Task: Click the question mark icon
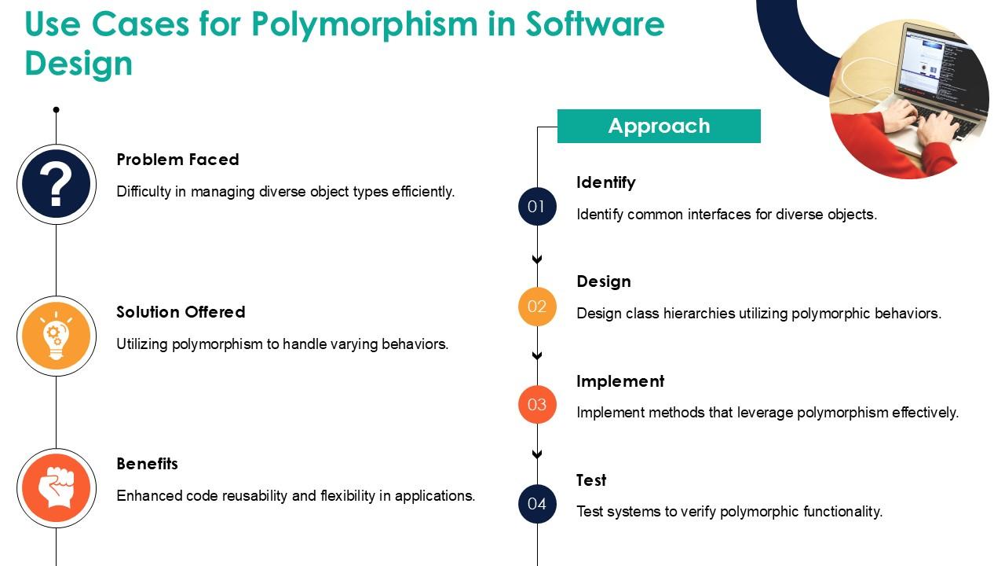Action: click(x=57, y=184)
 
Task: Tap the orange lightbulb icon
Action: click(x=57, y=336)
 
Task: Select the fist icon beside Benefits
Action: click(x=57, y=488)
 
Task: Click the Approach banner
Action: click(x=659, y=126)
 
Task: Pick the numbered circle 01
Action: click(x=537, y=207)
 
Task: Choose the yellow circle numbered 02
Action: click(x=537, y=307)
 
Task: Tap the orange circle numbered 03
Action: click(x=537, y=405)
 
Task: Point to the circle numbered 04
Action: click(x=537, y=504)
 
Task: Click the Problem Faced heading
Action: click(x=177, y=160)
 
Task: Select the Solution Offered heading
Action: click(x=181, y=312)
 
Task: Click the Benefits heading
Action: click(x=147, y=464)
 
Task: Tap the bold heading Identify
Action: click(x=605, y=183)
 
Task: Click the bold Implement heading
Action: click(x=620, y=381)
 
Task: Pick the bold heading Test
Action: click(x=591, y=480)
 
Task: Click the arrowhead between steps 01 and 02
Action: click(x=537, y=259)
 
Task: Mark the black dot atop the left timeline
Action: click(x=56, y=109)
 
